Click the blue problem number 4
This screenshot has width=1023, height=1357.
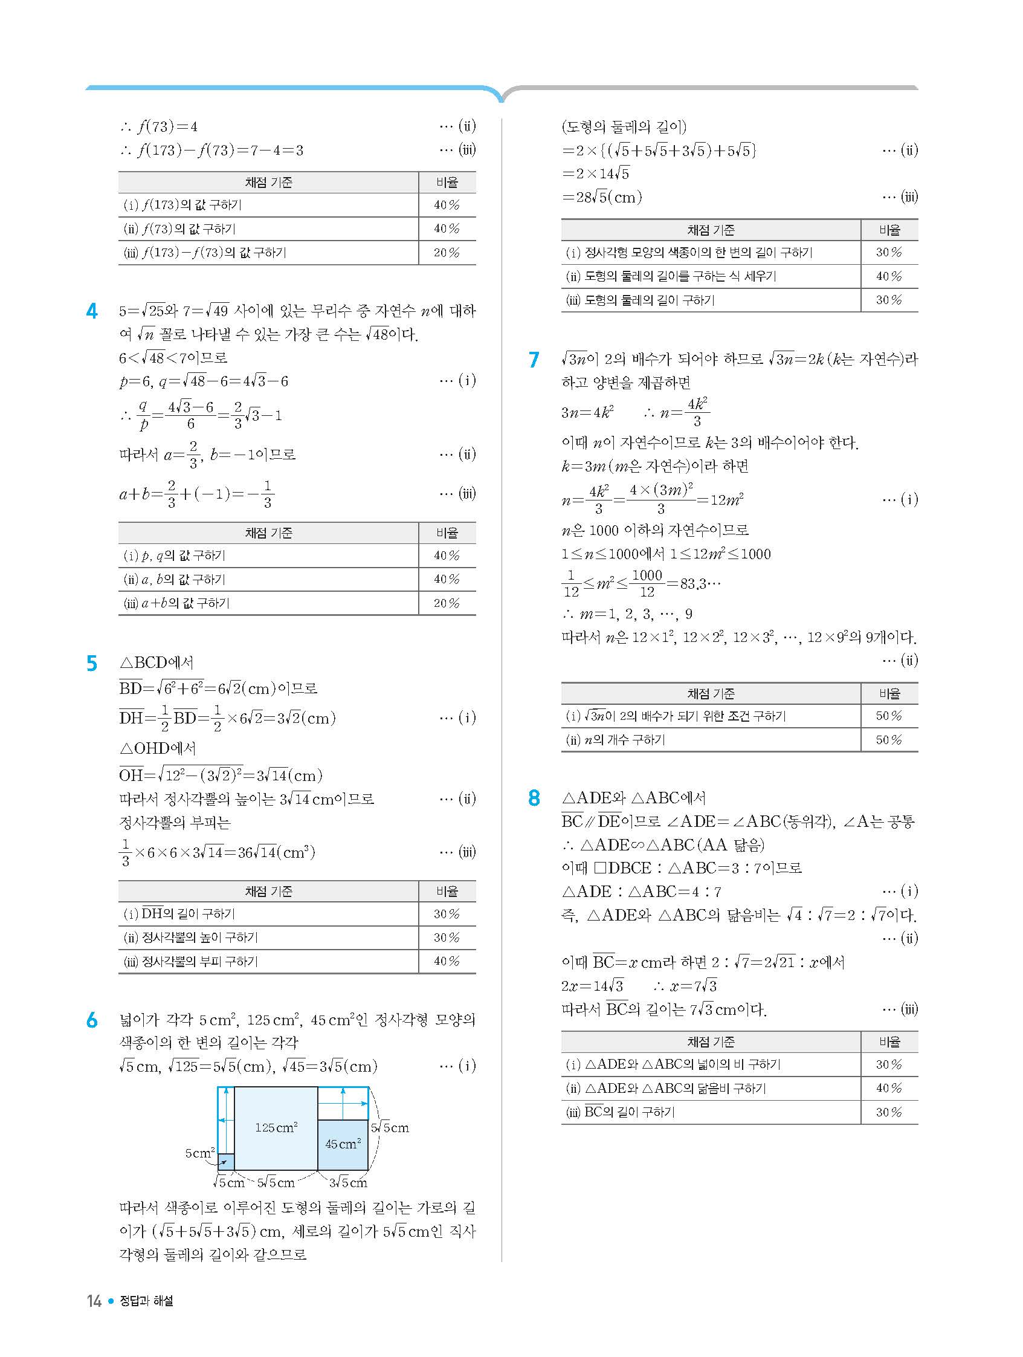click(x=92, y=312)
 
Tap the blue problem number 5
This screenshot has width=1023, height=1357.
click(x=92, y=664)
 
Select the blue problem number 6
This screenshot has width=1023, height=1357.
click(x=92, y=1020)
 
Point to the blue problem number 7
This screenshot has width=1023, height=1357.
click(x=534, y=360)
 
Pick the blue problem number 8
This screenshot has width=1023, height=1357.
click(x=534, y=798)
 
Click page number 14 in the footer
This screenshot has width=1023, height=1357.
click(x=94, y=1301)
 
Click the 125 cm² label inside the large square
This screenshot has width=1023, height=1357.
click(x=276, y=1127)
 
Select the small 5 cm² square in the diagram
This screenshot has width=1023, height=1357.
click(x=227, y=1161)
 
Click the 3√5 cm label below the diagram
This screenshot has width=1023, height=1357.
click(x=347, y=1182)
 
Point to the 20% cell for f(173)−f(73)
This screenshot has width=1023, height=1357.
click(x=447, y=253)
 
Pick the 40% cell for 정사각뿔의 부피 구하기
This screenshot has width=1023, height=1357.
click(x=447, y=961)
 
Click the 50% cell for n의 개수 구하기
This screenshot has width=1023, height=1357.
click(x=889, y=740)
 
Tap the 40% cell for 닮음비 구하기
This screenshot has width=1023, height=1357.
click(x=889, y=1088)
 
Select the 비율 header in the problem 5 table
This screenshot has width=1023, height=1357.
click(x=447, y=892)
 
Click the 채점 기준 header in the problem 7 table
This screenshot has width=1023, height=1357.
click(x=710, y=694)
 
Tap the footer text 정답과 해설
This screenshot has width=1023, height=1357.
click(x=146, y=1301)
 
